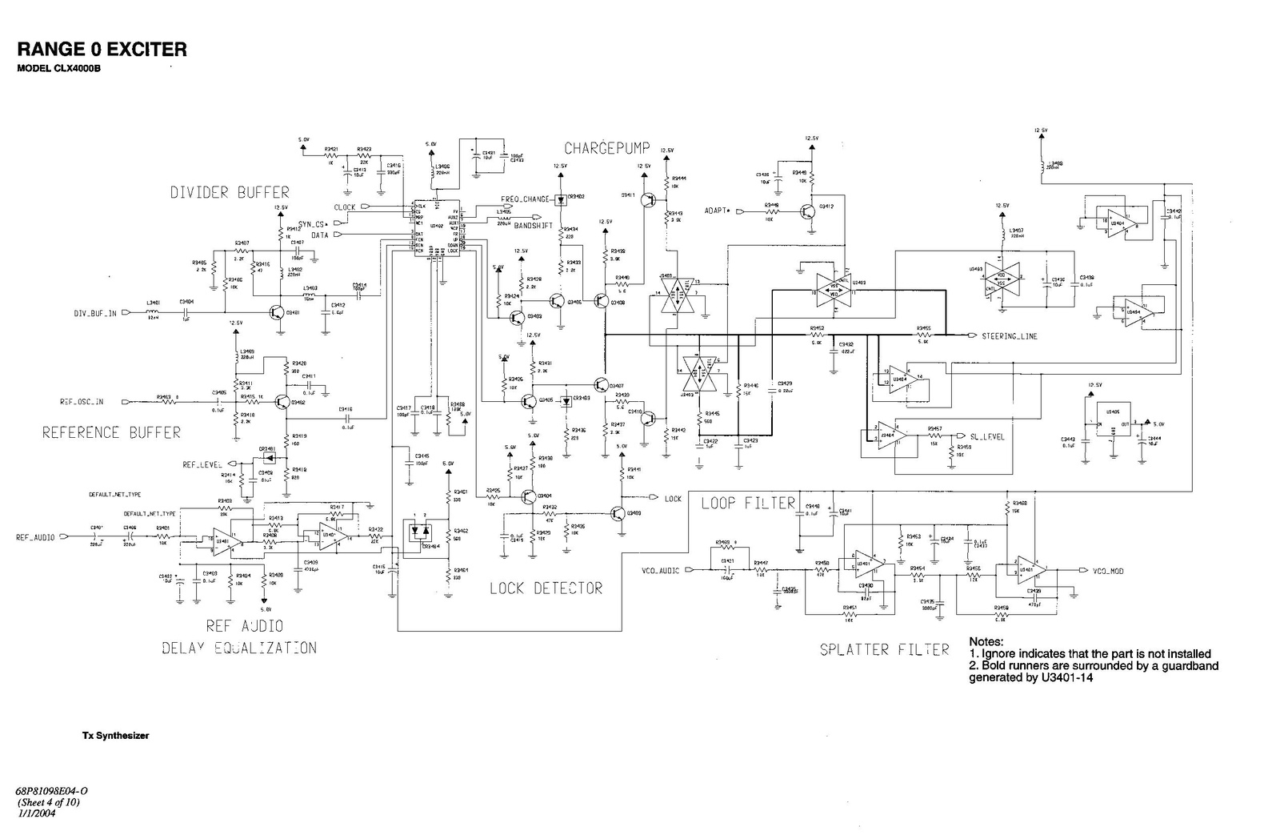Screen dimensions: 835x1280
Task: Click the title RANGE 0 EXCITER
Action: (x=102, y=49)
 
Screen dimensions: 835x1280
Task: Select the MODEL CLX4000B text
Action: (x=59, y=68)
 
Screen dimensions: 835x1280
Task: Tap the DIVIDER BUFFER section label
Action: (x=230, y=192)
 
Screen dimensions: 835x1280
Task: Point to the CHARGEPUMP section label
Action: (x=607, y=148)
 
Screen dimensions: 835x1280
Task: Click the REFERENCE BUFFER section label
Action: (x=111, y=432)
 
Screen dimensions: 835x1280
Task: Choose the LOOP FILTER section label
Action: (x=748, y=503)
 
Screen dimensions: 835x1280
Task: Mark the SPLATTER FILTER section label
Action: (x=884, y=649)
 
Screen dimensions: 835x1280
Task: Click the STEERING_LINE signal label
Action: (x=1009, y=336)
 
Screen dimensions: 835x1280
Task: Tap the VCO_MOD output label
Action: (x=1107, y=571)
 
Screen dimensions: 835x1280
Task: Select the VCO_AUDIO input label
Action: (x=661, y=571)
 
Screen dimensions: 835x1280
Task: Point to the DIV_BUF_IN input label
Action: (x=96, y=314)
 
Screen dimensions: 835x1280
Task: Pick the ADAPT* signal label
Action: (x=718, y=211)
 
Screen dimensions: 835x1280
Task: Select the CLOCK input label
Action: (x=345, y=207)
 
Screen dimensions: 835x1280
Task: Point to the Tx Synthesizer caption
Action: (x=116, y=735)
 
